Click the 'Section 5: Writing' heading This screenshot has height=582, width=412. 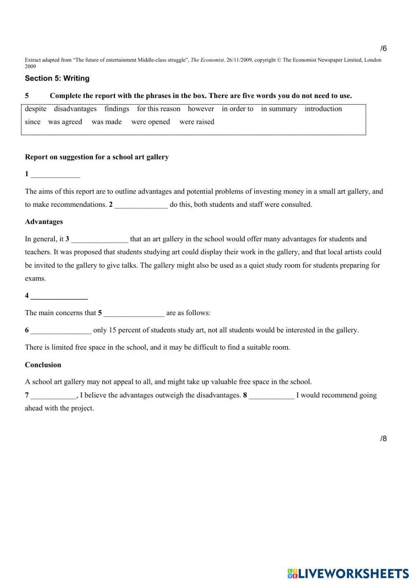57,78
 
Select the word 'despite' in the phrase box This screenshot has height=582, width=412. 35,109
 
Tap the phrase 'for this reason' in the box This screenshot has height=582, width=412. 159,109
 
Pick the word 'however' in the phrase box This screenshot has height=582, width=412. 201,109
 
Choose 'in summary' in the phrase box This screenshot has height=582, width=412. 279,109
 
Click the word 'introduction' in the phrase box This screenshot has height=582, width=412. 323,109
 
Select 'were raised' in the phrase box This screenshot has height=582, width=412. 197,122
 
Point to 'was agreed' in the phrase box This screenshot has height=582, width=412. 65,122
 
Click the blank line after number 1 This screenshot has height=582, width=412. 55,175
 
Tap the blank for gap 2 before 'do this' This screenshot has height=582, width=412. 141,205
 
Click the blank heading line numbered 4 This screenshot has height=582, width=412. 59,296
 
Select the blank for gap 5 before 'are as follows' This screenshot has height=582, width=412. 134,313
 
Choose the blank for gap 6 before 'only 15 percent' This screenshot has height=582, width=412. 61,331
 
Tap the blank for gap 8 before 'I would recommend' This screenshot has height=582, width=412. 272,396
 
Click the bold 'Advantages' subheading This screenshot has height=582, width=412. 44,222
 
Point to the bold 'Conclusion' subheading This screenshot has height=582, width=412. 43,365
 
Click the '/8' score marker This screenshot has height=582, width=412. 383,438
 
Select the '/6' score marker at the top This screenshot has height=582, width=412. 383,49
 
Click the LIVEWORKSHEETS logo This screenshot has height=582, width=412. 348,573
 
